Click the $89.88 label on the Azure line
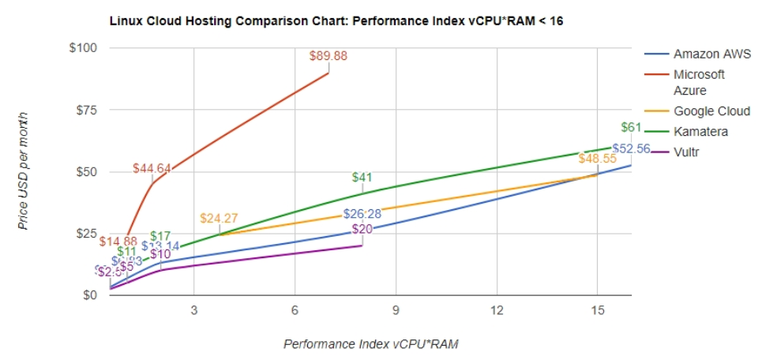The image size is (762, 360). click(x=328, y=56)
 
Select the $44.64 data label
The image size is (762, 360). click(x=152, y=168)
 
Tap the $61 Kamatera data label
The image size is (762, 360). click(x=631, y=127)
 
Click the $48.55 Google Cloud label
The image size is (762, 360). click(x=597, y=159)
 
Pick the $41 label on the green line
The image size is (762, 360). click(x=362, y=178)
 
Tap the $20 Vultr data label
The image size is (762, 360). click(x=362, y=230)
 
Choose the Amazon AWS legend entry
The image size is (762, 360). click(x=706, y=54)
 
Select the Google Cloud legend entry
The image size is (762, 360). click(x=711, y=111)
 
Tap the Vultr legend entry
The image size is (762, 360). click(x=686, y=151)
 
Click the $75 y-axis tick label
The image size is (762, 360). click(x=84, y=111)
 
